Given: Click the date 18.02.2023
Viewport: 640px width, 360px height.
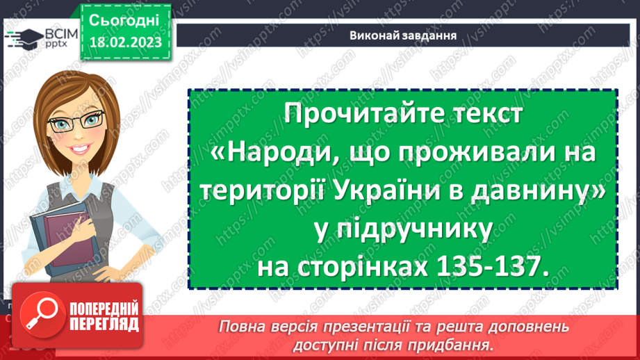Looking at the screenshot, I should point(125,42).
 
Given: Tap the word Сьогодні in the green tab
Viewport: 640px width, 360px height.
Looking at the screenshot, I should point(125,19).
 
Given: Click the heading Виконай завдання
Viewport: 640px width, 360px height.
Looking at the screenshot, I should point(404,35).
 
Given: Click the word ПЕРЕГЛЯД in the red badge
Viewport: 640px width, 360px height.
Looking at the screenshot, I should point(98,323).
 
